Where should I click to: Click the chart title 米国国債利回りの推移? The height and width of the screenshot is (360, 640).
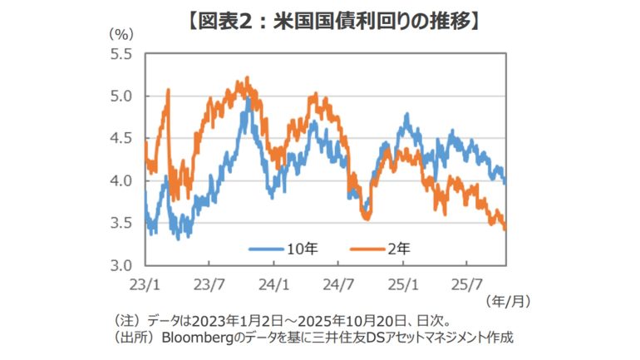(319, 17)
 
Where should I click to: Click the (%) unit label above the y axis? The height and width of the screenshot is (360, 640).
(121, 35)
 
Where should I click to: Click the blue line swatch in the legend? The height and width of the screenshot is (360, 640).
(266, 247)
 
